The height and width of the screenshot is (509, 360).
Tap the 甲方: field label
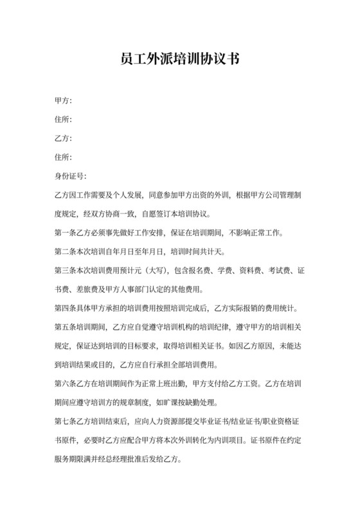[x=63, y=101]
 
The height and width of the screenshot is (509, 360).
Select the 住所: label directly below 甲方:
[x=63, y=120]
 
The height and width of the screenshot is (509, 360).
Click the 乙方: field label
[x=63, y=138]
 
